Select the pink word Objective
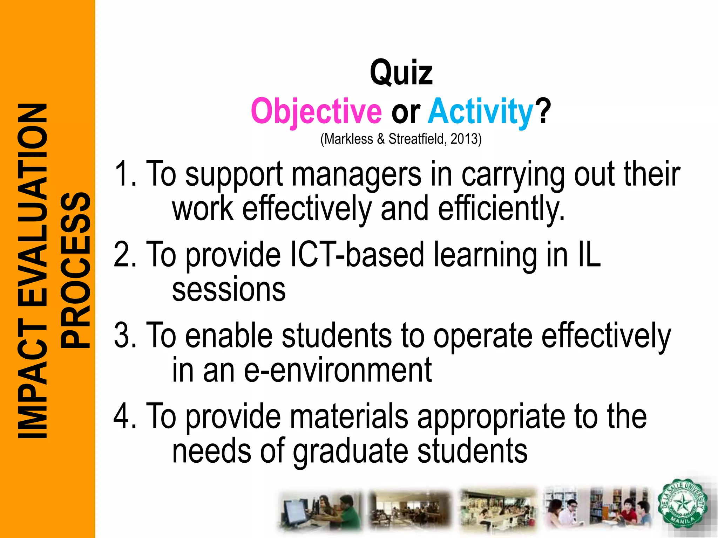316,111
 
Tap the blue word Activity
481,111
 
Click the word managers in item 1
357,174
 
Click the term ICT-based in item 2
358,255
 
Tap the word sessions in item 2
229,290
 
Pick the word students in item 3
337,336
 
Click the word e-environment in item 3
338,370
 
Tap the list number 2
121,255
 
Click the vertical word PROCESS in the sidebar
75,270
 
